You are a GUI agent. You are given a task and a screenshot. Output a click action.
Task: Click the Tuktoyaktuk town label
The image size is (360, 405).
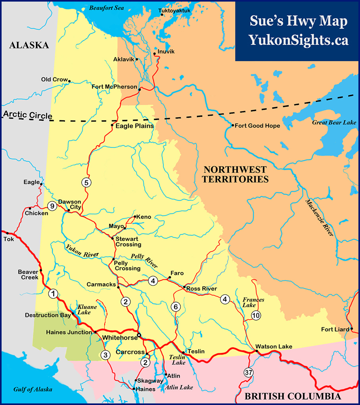[x=174, y=10]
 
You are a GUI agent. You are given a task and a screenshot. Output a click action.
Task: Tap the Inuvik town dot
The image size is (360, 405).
[x=155, y=54]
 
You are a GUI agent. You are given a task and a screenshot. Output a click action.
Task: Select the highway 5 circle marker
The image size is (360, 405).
[x=86, y=182]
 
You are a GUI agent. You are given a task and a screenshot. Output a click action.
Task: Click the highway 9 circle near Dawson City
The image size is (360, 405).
[x=52, y=206]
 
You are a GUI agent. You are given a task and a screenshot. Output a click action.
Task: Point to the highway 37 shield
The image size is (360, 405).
[x=248, y=373]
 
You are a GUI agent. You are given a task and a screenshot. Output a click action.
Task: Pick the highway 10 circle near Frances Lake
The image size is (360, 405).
[x=256, y=315]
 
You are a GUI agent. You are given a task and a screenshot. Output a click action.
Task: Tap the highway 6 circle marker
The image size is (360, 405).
[x=176, y=306]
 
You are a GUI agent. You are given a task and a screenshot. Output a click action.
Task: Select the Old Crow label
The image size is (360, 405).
[x=54, y=80]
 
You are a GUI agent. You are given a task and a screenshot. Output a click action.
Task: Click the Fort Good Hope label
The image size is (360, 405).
[x=257, y=126]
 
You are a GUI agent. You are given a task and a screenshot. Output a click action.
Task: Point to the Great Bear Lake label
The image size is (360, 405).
[x=334, y=122]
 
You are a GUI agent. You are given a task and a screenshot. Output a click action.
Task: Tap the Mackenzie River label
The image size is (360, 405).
[x=319, y=218]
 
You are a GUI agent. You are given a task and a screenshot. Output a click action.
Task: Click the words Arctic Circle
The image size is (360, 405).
[x=27, y=115]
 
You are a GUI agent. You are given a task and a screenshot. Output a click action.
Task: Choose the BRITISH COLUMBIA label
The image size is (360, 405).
[x=292, y=396]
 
